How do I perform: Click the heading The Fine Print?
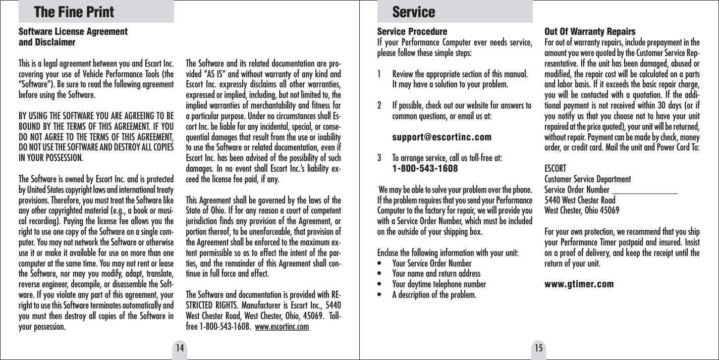[x=74, y=12]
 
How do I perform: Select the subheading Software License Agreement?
[x=73, y=32]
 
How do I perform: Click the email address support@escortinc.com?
[x=441, y=137]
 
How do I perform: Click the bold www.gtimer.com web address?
[x=579, y=284]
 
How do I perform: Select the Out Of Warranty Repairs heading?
[x=590, y=32]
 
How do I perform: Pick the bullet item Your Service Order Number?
[x=431, y=264]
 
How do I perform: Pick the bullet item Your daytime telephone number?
[x=439, y=284]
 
